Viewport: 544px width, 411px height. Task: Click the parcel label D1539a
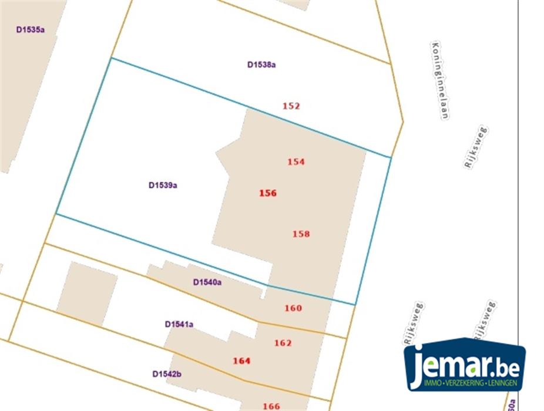click(163, 186)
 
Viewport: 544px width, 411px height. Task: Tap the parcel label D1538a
click(261, 65)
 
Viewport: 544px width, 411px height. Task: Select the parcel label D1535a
click(31, 29)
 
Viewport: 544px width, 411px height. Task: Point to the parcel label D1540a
click(207, 282)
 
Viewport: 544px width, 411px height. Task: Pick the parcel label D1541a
click(179, 324)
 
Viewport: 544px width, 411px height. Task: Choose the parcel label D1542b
click(166, 373)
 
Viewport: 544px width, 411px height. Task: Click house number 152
click(291, 106)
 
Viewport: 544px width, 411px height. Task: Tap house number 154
click(296, 162)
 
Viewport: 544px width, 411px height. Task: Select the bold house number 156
click(267, 193)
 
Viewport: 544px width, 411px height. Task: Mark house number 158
click(301, 234)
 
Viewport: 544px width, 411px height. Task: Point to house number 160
click(293, 308)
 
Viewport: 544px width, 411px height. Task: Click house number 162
click(283, 343)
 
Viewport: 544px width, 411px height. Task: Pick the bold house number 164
click(241, 361)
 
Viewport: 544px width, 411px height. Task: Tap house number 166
click(271, 406)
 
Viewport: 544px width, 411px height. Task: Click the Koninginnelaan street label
click(439, 80)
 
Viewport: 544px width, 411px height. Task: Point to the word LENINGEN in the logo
click(503, 383)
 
